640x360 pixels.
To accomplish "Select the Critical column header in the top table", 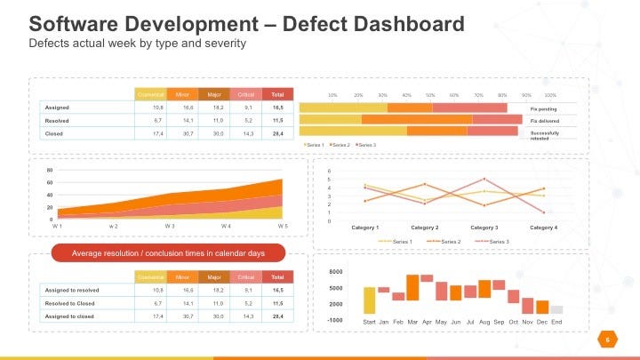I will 245,93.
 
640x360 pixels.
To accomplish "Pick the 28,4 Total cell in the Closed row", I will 278,133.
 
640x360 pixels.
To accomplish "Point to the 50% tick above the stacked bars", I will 429,94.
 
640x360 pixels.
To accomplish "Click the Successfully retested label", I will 545,134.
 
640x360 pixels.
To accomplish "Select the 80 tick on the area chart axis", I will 50,170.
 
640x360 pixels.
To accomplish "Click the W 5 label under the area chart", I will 283,227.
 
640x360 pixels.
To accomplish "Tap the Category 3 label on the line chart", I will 484,228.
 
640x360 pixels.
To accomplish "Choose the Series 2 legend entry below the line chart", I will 446,241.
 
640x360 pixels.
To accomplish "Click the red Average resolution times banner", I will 168,253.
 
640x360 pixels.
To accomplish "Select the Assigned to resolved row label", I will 72,290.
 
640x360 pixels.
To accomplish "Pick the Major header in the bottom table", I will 214,276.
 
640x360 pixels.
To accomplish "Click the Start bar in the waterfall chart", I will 369,300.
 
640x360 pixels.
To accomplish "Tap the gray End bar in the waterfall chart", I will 556,309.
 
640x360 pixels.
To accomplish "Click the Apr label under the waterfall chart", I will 427,321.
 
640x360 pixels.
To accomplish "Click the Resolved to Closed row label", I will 70,303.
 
